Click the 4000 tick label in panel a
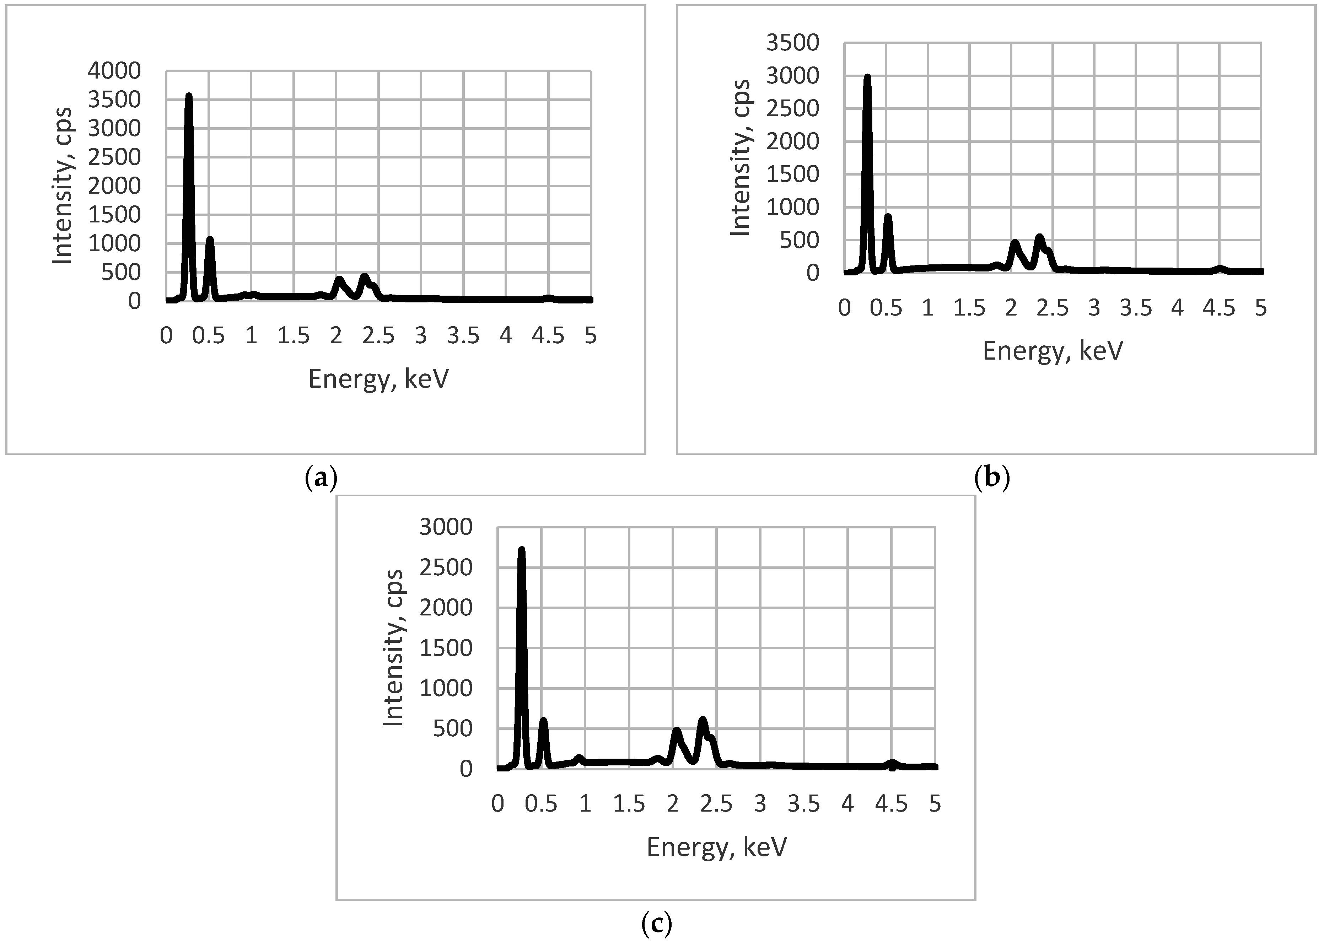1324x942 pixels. pyautogui.click(x=114, y=71)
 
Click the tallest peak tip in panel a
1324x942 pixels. pyautogui.click(x=188, y=96)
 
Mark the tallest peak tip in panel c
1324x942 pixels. pyautogui.click(x=521, y=549)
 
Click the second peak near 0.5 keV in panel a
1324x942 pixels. pyautogui.click(x=210, y=239)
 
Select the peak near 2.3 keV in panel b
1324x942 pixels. pyautogui.click(x=1039, y=237)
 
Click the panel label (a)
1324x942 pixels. pyautogui.click(x=321, y=479)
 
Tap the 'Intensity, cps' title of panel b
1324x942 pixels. pyautogui.click(x=741, y=158)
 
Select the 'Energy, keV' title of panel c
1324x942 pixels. pyautogui.click(x=717, y=847)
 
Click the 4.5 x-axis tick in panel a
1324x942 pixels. pyautogui.click(x=548, y=336)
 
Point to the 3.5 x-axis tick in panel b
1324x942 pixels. pyautogui.click(x=1136, y=308)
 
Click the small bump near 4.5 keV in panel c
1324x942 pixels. pyautogui.click(x=893, y=764)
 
